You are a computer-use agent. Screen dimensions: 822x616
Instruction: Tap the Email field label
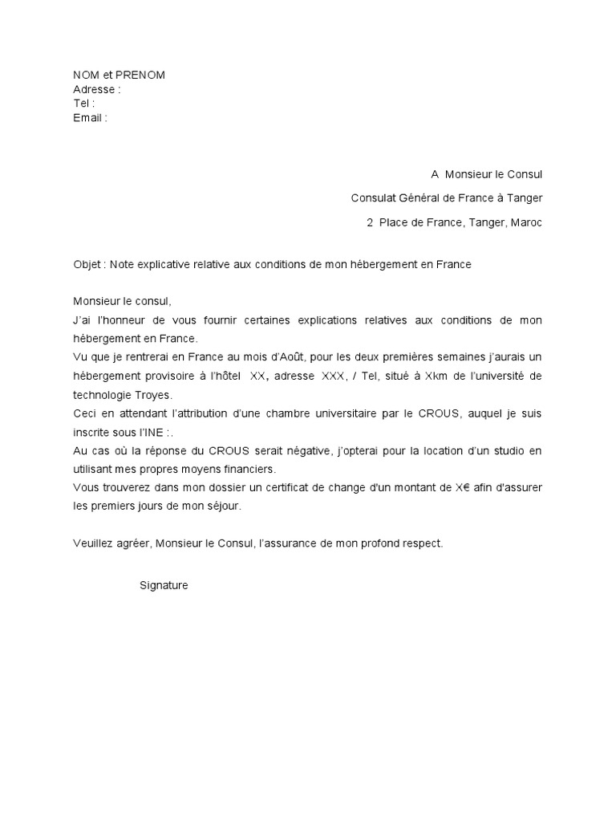89,118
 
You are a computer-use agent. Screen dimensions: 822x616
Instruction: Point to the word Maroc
526,222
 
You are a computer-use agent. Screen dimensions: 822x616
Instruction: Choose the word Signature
164,585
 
